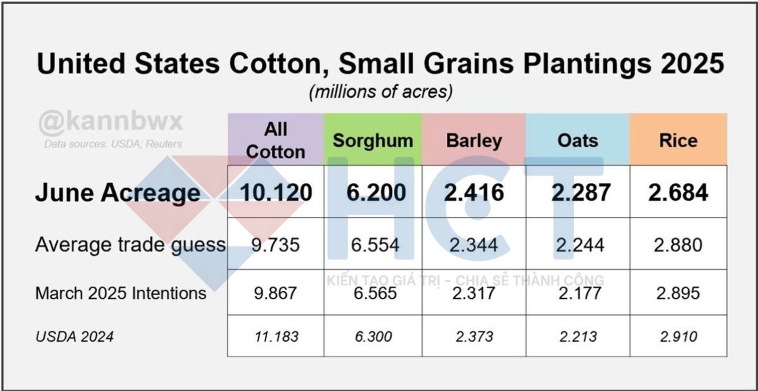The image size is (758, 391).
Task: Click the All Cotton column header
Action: (x=276, y=140)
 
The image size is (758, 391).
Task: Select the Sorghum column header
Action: (x=373, y=141)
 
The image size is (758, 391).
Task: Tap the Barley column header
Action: (x=474, y=141)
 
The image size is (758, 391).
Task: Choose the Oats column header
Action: (x=578, y=141)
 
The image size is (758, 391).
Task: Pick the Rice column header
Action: (x=678, y=141)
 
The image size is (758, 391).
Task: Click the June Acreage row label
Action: (x=118, y=193)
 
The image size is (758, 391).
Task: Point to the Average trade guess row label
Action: (x=130, y=245)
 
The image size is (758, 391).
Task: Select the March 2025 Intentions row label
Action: (x=121, y=293)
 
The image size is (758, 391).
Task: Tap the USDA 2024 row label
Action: (x=74, y=337)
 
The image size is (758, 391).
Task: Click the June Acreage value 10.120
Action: (x=276, y=193)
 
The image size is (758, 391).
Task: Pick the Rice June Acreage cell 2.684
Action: (x=678, y=193)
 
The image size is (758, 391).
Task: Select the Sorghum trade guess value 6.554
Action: (x=375, y=245)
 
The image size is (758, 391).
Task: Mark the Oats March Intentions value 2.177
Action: (x=579, y=293)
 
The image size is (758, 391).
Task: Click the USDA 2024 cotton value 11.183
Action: (x=276, y=337)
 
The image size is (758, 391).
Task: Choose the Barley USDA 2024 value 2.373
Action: (x=474, y=337)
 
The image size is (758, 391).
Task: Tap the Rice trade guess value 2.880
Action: (x=678, y=245)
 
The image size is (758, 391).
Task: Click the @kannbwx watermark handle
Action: (x=111, y=121)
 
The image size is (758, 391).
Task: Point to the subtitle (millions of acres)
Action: (x=380, y=91)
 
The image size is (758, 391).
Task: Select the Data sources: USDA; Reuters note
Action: (x=113, y=144)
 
